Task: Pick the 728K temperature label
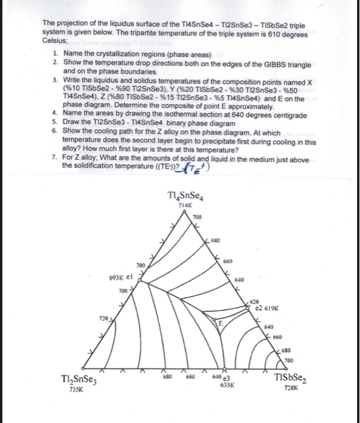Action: coord(292,390)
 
